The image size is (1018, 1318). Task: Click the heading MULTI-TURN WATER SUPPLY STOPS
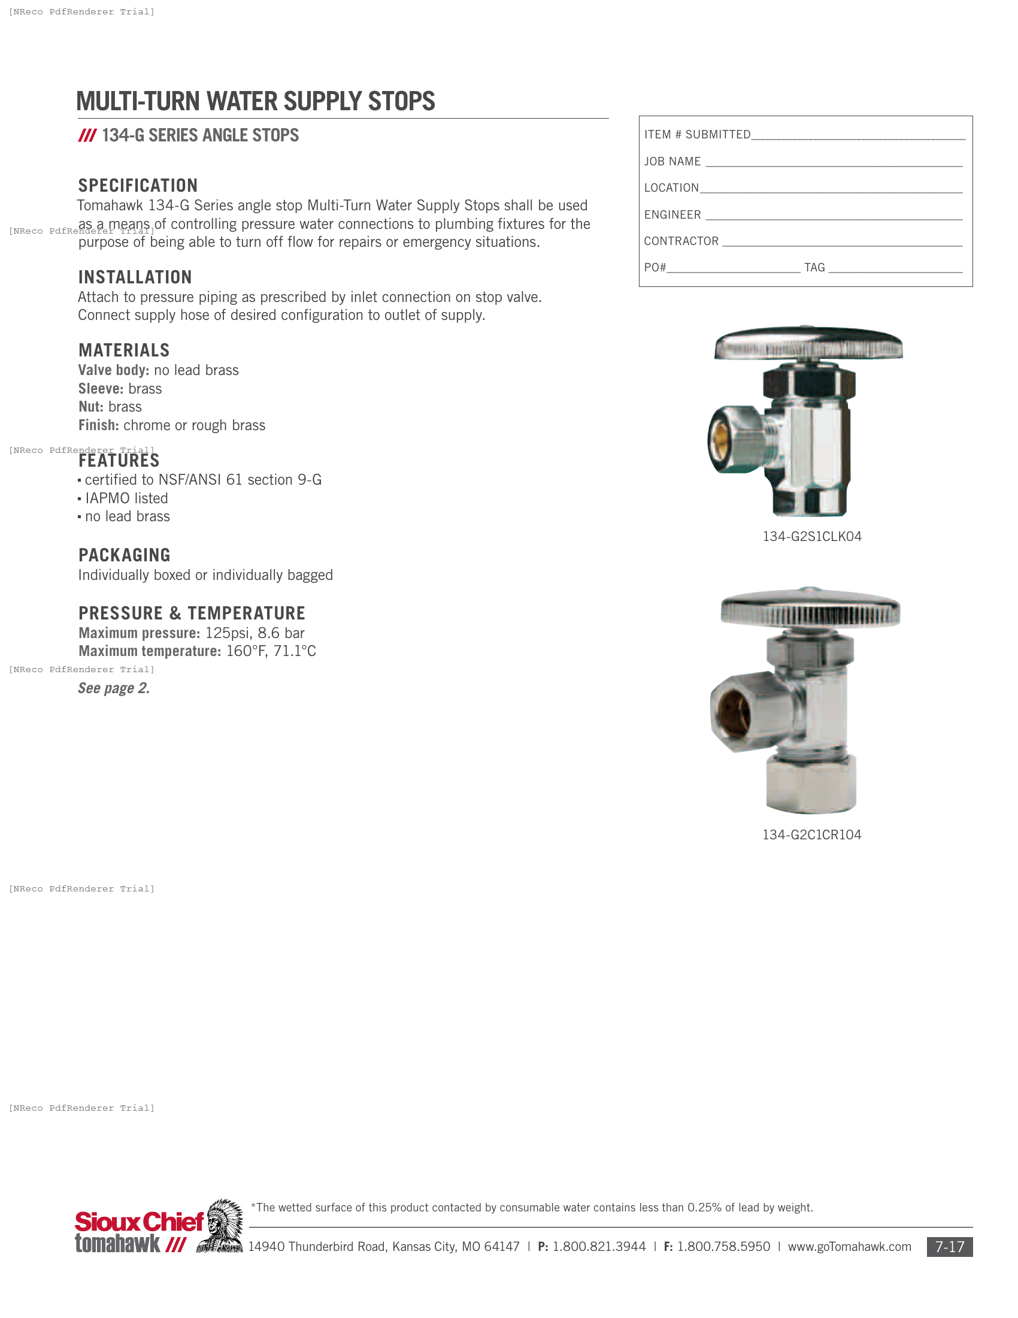coord(255,101)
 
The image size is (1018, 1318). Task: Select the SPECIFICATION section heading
coord(138,185)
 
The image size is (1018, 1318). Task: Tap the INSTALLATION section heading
coord(135,277)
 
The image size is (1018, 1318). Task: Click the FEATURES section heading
coord(119,461)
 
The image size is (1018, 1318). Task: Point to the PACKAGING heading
coord(124,555)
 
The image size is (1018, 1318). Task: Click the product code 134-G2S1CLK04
coord(812,537)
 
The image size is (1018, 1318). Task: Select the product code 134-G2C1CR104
coord(812,835)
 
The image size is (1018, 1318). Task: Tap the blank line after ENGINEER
coord(834,216)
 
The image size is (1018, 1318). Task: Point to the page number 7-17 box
coord(949,1247)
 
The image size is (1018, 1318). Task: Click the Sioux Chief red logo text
coord(140,1222)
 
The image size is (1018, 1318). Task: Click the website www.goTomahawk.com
coord(849,1247)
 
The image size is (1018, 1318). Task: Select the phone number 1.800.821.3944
coord(599,1247)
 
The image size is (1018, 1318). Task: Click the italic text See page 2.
coord(114,688)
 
